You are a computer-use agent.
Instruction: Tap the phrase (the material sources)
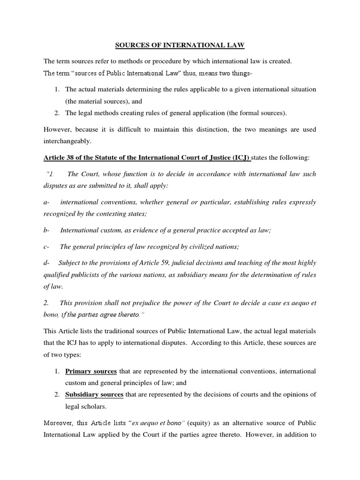[104, 101]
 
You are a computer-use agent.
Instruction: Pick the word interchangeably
[68, 141]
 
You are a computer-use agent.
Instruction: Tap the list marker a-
[46, 202]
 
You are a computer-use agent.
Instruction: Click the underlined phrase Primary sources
[91, 371]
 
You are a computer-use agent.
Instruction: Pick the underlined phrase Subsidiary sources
[94, 395]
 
